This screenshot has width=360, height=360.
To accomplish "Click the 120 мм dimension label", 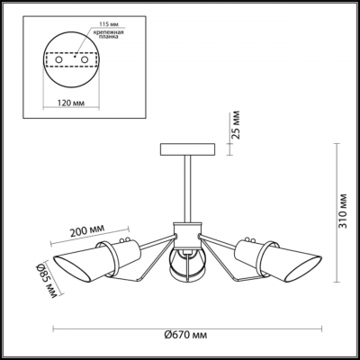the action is (71, 103).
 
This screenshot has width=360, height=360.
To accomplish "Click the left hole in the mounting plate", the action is (59, 59).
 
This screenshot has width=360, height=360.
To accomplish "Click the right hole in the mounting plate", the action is (85, 59).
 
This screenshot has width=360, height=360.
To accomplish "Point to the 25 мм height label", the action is (237, 125).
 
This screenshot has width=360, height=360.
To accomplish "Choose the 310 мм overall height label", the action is (343, 211).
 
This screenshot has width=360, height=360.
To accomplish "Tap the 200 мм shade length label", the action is (87, 230).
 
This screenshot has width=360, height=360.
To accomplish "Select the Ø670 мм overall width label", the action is (185, 335).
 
